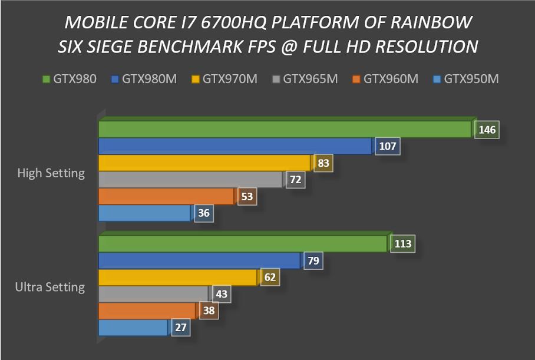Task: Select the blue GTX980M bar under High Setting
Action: click(235, 146)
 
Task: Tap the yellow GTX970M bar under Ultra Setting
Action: click(177, 278)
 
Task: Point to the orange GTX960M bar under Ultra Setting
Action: click(147, 311)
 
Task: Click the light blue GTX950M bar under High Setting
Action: click(144, 213)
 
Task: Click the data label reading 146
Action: click(487, 130)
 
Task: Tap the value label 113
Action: click(404, 244)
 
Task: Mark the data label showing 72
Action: click(296, 180)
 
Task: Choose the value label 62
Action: click(270, 278)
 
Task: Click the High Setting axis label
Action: click(51, 173)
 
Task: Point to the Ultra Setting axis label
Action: click(50, 288)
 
